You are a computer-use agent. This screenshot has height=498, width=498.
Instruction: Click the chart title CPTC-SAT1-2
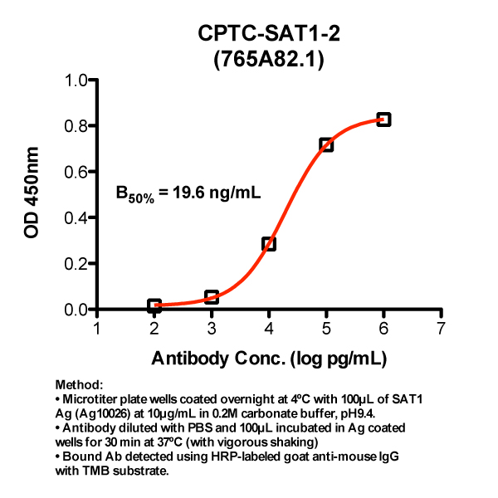coord(269,34)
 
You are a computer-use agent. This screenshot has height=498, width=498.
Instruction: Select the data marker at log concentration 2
coord(154,305)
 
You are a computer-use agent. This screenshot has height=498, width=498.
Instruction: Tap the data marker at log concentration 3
coord(212,297)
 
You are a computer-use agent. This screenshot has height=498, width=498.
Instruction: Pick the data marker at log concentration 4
coord(269,244)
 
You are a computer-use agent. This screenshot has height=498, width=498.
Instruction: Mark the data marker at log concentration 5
coord(326,144)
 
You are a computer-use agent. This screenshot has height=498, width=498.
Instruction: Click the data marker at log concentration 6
coord(383,120)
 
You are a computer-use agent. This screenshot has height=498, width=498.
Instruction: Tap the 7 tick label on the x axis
coord(441,328)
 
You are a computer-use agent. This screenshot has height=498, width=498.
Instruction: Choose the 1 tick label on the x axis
coord(97,328)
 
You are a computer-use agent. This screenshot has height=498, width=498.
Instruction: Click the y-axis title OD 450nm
coord(33,194)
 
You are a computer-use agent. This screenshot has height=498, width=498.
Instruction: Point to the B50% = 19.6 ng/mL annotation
coord(188,194)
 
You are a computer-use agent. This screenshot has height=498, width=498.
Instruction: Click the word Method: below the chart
coord(79,386)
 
